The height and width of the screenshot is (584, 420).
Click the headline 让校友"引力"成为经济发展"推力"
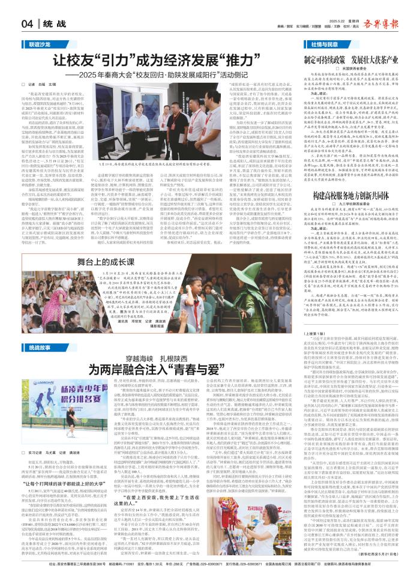(x=154, y=61)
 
